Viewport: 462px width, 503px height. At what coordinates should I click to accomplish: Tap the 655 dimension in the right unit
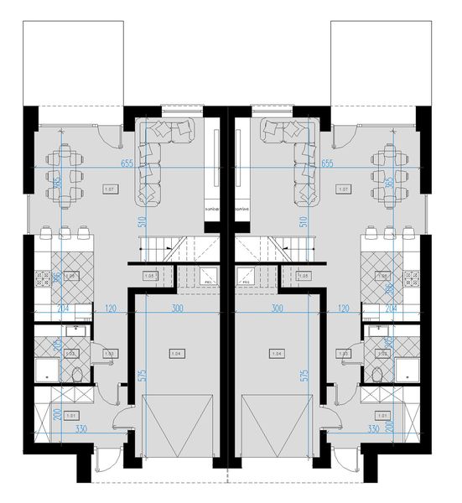pos(327,163)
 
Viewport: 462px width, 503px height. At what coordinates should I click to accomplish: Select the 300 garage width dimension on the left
pos(176,309)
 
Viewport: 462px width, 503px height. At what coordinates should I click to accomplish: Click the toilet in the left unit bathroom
pos(78,375)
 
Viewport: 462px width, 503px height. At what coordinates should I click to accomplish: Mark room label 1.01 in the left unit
pos(71,414)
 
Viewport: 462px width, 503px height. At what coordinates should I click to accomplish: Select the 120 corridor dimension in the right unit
pos(342,309)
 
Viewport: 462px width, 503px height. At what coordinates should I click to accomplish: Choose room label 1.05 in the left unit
pos(150,276)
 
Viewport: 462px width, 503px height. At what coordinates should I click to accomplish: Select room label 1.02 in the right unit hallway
pos(351,354)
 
